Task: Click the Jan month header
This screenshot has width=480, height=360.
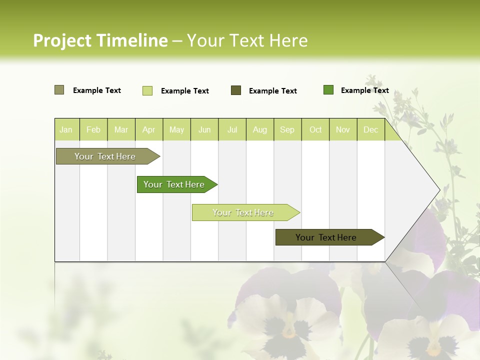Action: point(66,129)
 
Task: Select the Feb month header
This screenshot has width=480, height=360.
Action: point(93,129)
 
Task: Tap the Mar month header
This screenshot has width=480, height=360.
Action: point(121,129)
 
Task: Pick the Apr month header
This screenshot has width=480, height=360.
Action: point(149,129)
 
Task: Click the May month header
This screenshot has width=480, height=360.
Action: point(176,129)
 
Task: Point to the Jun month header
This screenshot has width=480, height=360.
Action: point(204,129)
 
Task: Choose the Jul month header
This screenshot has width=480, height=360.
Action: point(232,129)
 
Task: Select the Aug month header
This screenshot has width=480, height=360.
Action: point(260,129)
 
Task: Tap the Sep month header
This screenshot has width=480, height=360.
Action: point(287,129)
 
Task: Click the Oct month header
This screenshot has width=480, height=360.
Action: point(315,129)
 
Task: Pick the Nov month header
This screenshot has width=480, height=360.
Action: point(343,129)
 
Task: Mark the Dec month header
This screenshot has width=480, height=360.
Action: point(371,129)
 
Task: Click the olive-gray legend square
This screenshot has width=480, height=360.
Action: point(59,90)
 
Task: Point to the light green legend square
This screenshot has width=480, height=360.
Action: point(147,90)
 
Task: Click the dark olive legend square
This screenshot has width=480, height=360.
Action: point(236,90)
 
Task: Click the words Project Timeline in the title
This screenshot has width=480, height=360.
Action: point(100,40)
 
